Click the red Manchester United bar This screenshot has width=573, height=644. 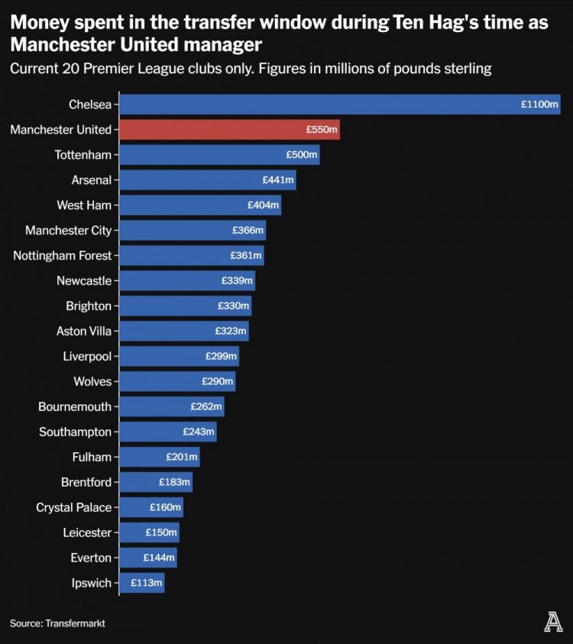[229, 130]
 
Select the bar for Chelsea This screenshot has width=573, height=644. [340, 105]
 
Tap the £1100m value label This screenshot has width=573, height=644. [539, 105]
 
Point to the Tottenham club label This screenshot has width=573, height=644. [83, 155]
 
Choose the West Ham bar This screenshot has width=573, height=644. [200, 205]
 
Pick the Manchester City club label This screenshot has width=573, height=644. [68, 231]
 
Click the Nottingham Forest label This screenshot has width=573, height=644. [62, 256]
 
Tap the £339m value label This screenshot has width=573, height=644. [237, 281]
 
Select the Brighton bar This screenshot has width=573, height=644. [186, 306]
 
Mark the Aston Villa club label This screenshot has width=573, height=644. [84, 332]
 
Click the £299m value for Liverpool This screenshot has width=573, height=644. [221, 357]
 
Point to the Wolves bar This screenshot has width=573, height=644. [177, 382]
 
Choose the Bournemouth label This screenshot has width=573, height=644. [75, 407]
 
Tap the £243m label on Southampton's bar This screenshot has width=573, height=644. [199, 432]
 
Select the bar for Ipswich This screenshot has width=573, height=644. [142, 584]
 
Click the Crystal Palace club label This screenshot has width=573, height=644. [73, 508]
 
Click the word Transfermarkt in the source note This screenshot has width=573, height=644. [75, 623]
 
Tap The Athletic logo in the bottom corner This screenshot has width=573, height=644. [553, 623]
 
